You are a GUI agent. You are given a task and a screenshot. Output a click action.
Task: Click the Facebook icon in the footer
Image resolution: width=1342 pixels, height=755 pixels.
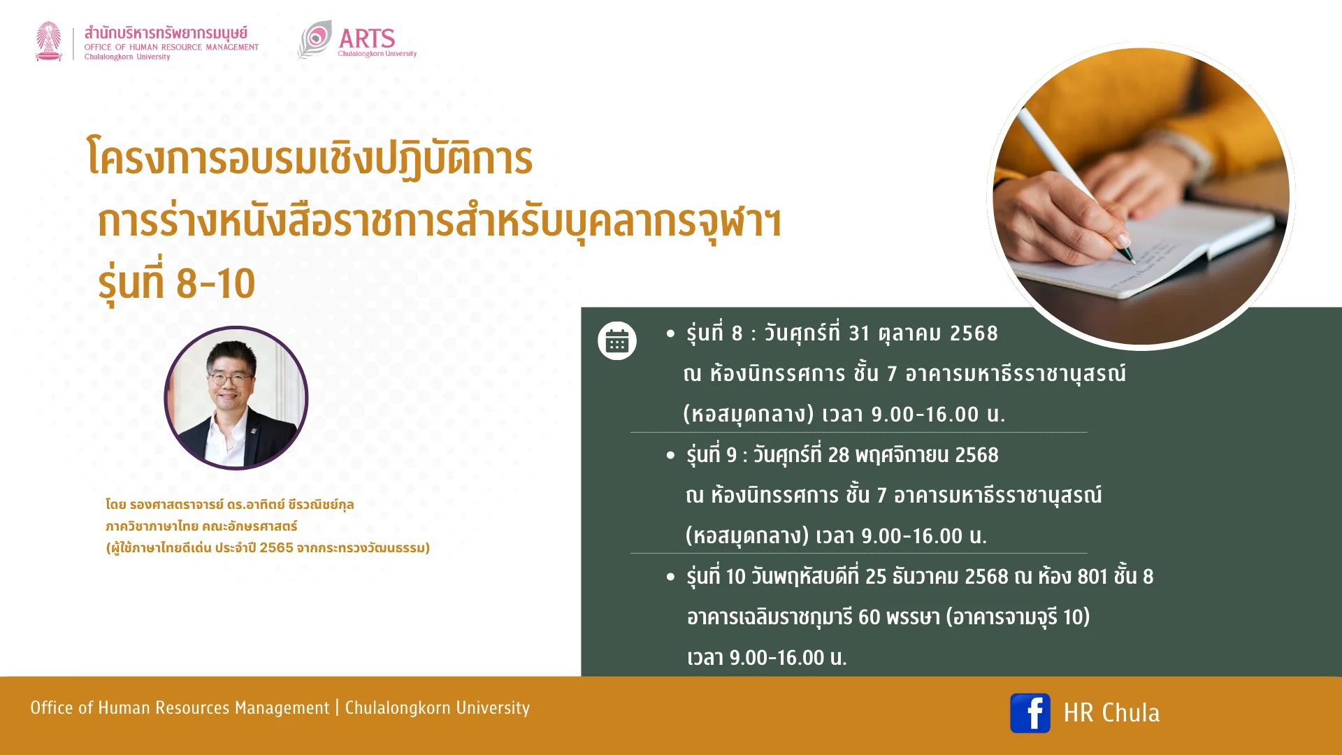pyautogui.click(x=1030, y=713)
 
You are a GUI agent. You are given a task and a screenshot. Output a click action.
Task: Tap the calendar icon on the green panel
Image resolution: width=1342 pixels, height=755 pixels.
pyautogui.click(x=617, y=340)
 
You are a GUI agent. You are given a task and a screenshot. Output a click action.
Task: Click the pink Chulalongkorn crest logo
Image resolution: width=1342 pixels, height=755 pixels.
pyautogui.click(x=49, y=41)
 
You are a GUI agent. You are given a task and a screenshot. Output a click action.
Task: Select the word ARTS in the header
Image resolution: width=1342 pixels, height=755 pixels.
pyautogui.click(x=367, y=38)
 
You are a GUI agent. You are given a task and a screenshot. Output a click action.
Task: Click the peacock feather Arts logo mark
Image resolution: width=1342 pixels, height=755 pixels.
pyautogui.click(x=315, y=39)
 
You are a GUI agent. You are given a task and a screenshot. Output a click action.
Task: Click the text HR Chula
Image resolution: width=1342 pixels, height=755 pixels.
pyautogui.click(x=1111, y=713)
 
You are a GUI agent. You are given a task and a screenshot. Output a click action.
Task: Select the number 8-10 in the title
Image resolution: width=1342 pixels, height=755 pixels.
pyautogui.click(x=215, y=284)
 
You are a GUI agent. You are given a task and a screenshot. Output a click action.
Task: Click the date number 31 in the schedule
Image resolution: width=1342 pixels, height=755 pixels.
pyautogui.click(x=859, y=333)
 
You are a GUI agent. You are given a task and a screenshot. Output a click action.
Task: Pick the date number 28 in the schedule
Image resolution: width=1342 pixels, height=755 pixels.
pyautogui.click(x=838, y=455)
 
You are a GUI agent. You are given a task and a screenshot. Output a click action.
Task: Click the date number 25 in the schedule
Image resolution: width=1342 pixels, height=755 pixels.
pyautogui.click(x=876, y=577)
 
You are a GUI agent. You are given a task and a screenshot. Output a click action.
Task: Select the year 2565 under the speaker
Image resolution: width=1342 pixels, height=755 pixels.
pyautogui.click(x=276, y=548)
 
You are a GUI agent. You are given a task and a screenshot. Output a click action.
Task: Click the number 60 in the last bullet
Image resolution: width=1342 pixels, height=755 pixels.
pyautogui.click(x=869, y=617)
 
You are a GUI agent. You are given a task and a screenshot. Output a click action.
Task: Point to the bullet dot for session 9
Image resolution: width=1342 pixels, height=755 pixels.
pyautogui.click(x=671, y=456)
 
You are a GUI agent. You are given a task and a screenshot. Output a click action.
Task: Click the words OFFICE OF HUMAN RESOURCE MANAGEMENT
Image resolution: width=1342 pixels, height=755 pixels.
pyautogui.click(x=171, y=48)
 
